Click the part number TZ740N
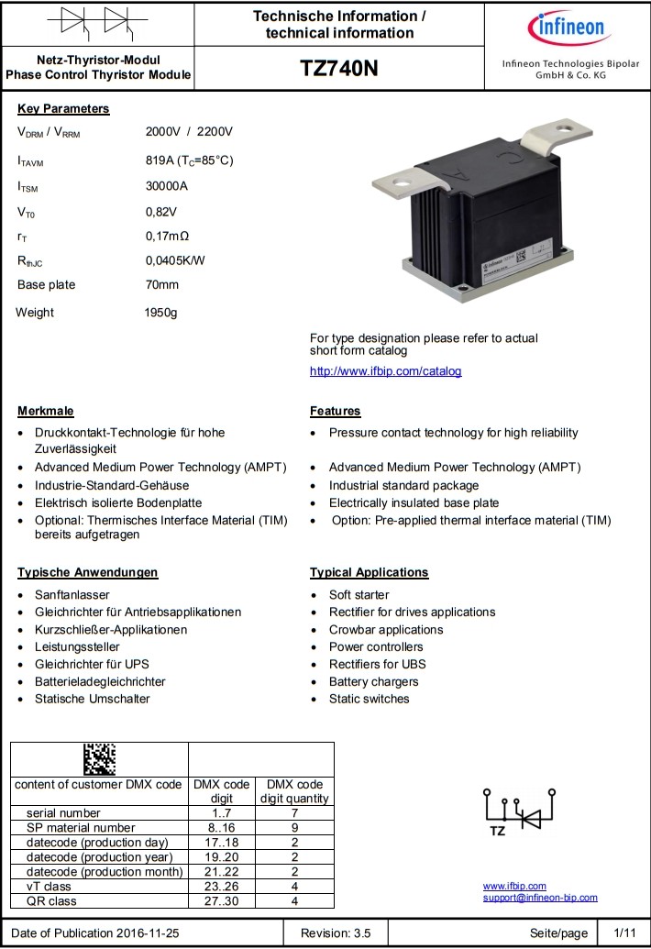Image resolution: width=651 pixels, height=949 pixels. pos(338,69)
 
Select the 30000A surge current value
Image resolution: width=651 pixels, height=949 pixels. pos(167,186)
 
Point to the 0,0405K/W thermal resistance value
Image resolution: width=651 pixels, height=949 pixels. pos(176,259)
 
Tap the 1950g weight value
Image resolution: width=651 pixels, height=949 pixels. pos(160,313)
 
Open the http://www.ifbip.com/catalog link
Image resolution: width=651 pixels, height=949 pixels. pos(385,371)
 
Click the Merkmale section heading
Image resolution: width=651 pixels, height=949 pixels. pos(46,411)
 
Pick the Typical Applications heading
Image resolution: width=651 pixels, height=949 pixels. pos(369,572)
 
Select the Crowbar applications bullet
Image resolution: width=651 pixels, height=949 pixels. pos(386,630)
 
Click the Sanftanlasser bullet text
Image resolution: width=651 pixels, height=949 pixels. pos(72,595)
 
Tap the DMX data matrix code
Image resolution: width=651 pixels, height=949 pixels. pos(99,759)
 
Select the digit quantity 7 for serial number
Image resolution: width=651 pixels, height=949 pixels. pos(294,813)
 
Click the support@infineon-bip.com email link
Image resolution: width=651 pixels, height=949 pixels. pos(540,898)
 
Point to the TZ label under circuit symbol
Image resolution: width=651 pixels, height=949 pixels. pos(498,831)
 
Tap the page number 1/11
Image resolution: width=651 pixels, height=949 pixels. pos(624,933)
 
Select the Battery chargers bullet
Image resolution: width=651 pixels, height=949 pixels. pos(373,682)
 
